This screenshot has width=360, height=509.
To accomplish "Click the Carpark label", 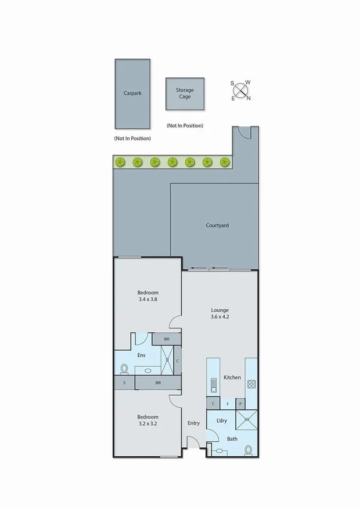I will click(132, 94).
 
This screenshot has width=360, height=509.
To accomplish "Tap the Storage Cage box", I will click(184, 94).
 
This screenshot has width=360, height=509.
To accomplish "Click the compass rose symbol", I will click(241, 90).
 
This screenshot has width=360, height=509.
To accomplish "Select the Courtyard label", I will click(217, 225).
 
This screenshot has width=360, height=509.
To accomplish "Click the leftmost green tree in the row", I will click(120, 161).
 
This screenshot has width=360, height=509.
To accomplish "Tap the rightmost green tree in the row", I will click(225, 161).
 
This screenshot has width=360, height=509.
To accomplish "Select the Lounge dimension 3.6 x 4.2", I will click(219, 317).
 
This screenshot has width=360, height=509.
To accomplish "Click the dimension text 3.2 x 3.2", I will click(147, 423).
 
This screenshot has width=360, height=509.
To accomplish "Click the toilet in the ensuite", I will click(125, 368).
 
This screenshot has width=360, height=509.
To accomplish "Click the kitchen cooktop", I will click(252, 383).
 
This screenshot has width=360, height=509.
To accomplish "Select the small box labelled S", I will click(124, 382).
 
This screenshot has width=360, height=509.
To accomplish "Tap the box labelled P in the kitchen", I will click(240, 403).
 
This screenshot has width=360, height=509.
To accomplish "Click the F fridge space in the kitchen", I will click(227, 403).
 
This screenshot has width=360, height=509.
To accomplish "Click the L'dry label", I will click(221, 421).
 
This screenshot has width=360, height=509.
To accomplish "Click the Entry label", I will click(193, 423).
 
